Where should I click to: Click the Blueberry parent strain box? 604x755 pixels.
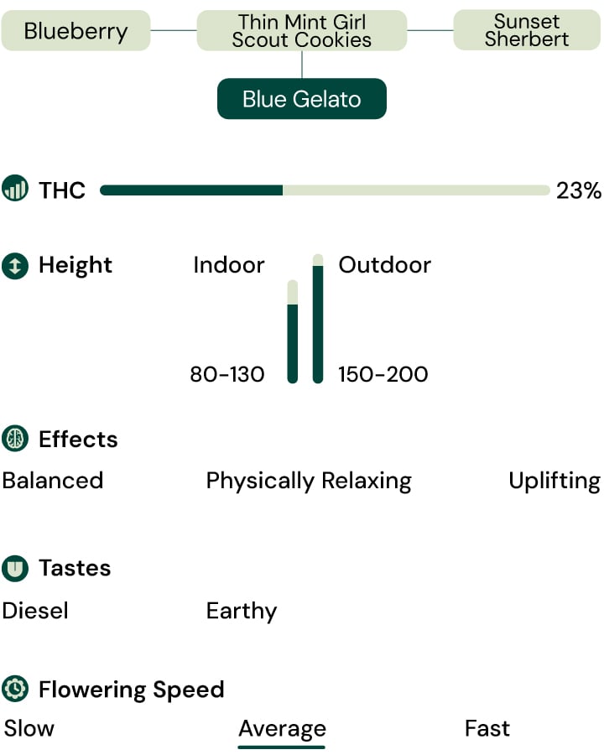click(75, 31)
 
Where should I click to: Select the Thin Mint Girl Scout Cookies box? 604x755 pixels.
click(302, 31)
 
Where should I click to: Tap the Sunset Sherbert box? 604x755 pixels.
click(527, 30)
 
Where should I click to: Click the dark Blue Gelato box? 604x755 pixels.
click(302, 99)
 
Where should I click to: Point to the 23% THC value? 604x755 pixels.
click(579, 190)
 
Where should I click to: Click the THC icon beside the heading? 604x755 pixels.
click(15, 189)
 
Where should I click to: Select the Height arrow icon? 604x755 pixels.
click(15, 266)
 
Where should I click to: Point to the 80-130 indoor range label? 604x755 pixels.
click(227, 374)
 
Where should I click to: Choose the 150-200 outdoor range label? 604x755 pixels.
click(383, 374)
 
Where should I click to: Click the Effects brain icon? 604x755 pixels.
click(15, 439)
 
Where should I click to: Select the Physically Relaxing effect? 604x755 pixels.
click(309, 481)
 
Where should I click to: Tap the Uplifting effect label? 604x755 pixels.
click(555, 481)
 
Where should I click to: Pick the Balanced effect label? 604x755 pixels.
click(53, 481)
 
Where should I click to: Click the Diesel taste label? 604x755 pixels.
click(35, 611)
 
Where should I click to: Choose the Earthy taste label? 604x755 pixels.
click(242, 611)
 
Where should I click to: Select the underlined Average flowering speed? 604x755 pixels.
click(282, 728)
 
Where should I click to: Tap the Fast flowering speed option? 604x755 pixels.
click(487, 728)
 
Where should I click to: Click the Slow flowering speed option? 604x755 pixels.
click(29, 728)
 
